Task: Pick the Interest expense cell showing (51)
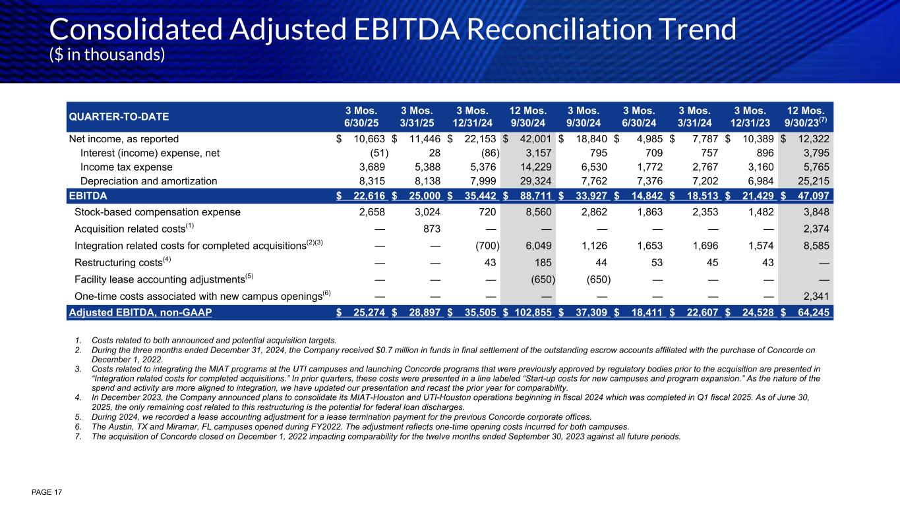click(375, 153)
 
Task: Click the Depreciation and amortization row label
click(148, 181)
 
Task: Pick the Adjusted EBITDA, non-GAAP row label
click(140, 312)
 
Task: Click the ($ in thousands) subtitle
click(107, 55)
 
